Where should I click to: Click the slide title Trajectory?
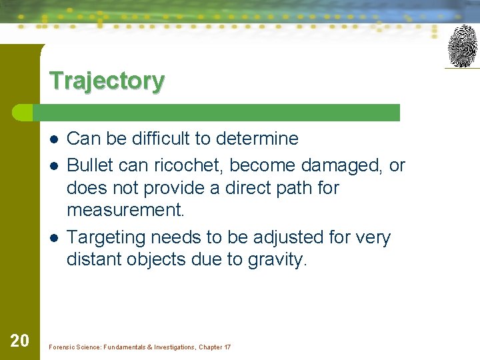pos(107,81)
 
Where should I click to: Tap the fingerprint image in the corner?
pos(462,46)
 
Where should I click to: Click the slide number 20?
pos(19,341)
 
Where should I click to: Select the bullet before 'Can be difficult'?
pos(53,139)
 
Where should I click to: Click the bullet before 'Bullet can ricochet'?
pos(53,165)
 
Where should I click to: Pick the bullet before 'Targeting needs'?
pos(53,238)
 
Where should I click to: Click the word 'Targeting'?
pos(107,238)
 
